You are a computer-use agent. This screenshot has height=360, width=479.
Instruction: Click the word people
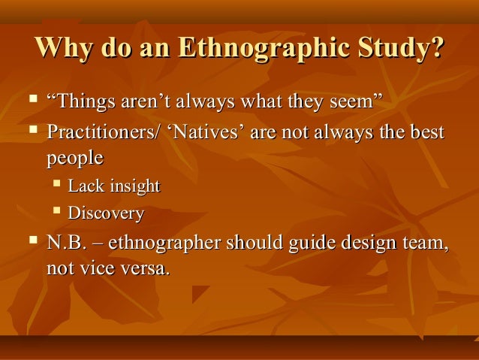click(74, 159)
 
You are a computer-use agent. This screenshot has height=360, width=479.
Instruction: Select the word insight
click(134, 186)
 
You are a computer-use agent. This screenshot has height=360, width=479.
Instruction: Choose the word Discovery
click(106, 213)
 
